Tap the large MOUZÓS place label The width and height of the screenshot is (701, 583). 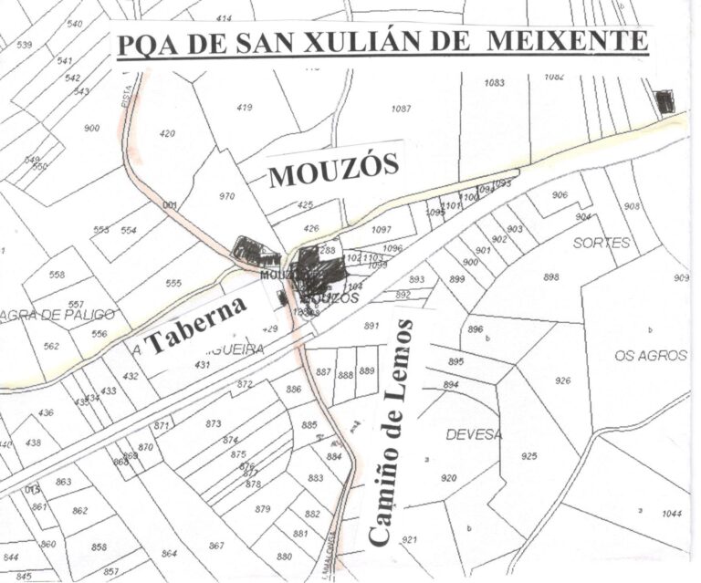(335, 171)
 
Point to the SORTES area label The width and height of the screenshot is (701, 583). (602, 244)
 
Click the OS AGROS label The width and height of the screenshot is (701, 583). (651, 356)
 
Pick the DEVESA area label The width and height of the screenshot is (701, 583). (474, 435)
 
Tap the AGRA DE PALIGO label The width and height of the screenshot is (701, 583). (59, 315)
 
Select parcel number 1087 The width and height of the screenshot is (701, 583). (401, 109)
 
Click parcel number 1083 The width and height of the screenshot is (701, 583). (494, 83)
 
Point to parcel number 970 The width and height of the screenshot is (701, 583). (226, 196)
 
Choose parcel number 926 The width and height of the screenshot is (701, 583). (562, 380)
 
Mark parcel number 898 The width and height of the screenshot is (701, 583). (550, 276)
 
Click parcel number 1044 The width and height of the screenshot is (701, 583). (672, 514)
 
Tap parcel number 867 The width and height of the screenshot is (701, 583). (216, 546)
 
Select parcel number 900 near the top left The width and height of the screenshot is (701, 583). (91, 129)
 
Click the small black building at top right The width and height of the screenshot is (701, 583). (665, 101)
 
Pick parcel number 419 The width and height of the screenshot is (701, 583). (244, 108)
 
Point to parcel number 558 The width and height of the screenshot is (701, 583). (57, 275)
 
